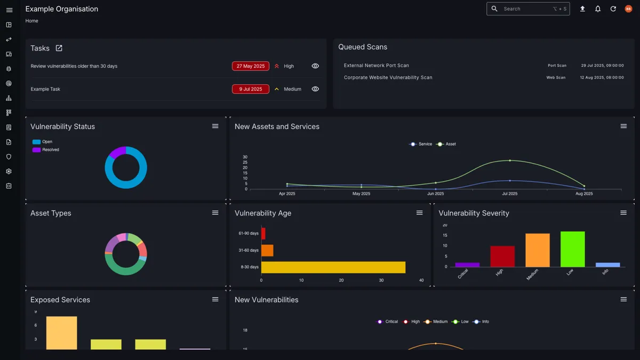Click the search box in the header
[x=527, y=9]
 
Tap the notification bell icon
[x=598, y=9]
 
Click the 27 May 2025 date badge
[x=251, y=66]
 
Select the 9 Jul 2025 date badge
[x=251, y=89]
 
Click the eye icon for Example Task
[x=315, y=89]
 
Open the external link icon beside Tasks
[x=59, y=48]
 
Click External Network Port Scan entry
[x=377, y=66]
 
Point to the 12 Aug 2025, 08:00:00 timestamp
[x=602, y=77]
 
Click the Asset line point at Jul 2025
[x=510, y=161]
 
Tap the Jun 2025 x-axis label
[x=436, y=194]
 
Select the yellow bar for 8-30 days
[x=333, y=267]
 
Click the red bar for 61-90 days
[x=263, y=234]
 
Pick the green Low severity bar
[x=573, y=249]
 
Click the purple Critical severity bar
[x=467, y=265]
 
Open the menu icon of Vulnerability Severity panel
[x=623, y=213]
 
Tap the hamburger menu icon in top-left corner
[x=9, y=10]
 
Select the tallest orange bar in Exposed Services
[x=61, y=333]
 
